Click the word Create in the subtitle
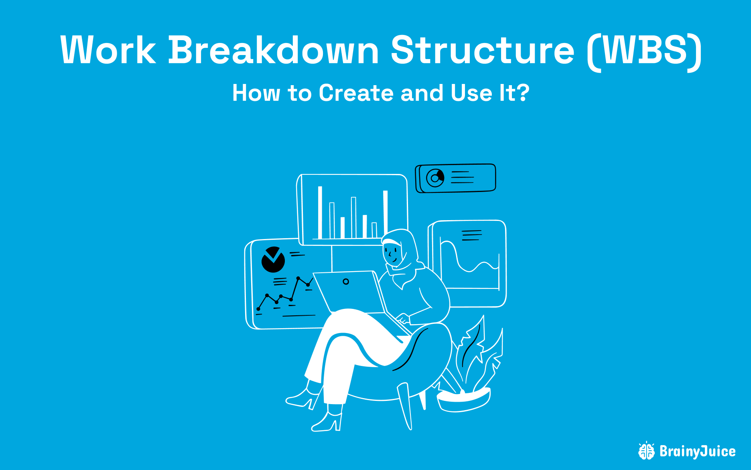point(356,93)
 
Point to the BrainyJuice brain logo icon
point(646,451)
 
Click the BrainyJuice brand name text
point(698,452)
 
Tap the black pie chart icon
point(273,260)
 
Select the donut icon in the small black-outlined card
point(435,178)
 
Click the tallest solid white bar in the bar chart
point(320,213)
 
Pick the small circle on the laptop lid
point(346,282)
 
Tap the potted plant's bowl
point(463,400)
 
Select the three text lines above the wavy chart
point(472,235)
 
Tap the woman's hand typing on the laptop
point(403,319)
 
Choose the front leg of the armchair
point(405,406)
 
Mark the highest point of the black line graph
point(298,278)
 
